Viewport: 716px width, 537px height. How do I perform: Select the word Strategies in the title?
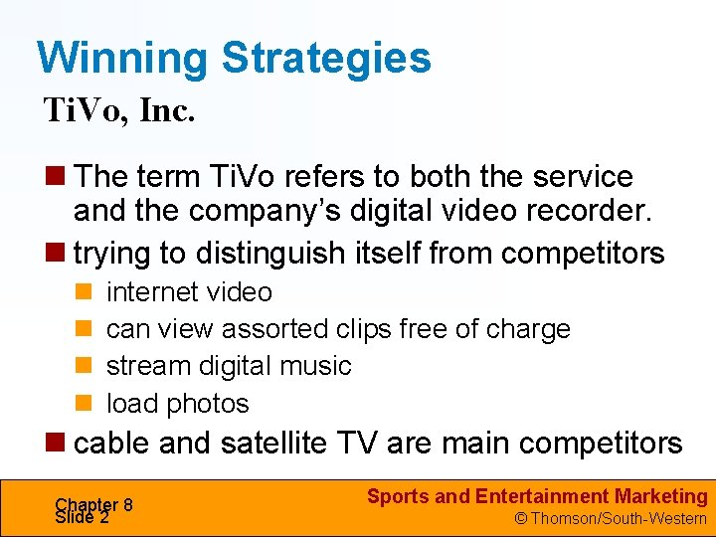click(326, 58)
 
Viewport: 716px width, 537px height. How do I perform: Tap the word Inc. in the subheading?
click(167, 110)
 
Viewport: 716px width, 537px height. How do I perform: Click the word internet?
click(148, 292)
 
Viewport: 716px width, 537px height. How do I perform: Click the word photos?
click(208, 404)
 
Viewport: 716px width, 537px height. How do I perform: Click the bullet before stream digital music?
click(84, 366)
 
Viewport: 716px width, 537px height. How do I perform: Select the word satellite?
click(280, 443)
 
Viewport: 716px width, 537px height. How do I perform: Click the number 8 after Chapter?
click(128, 504)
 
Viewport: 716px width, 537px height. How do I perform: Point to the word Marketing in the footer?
click(661, 496)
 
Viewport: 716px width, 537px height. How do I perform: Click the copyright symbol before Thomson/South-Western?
click(520, 518)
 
